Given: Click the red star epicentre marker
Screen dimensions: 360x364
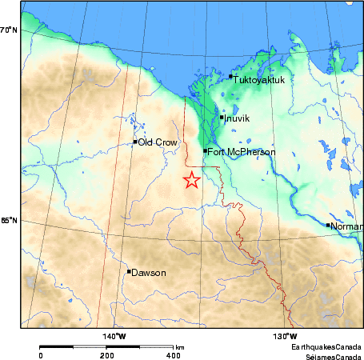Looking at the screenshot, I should [x=191, y=180].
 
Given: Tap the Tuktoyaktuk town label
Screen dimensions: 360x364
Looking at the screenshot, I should [x=258, y=78].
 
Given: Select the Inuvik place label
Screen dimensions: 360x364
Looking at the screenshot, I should [x=237, y=118].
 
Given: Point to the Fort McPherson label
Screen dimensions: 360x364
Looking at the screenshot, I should [x=242, y=152].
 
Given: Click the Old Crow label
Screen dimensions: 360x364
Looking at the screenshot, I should [x=157, y=142].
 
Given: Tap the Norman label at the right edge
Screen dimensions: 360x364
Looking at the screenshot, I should [x=346, y=226].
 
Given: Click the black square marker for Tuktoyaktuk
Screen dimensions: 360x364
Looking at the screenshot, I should [x=230, y=77].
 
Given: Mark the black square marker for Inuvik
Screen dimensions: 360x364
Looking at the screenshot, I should [x=222, y=118].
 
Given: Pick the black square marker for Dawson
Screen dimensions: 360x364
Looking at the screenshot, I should [x=129, y=271].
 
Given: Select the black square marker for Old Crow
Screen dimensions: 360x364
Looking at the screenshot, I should [x=135, y=142].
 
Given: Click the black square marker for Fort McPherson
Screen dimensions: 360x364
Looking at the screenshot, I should [x=205, y=150].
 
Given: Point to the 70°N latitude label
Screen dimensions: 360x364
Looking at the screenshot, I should [x=9, y=30].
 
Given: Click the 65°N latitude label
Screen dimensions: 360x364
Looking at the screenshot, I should [x=9, y=221].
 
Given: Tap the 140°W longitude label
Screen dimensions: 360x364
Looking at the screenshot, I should [x=115, y=336].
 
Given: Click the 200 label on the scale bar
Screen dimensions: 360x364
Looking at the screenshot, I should [x=106, y=354].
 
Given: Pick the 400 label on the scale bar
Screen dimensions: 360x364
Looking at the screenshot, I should [x=173, y=354].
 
